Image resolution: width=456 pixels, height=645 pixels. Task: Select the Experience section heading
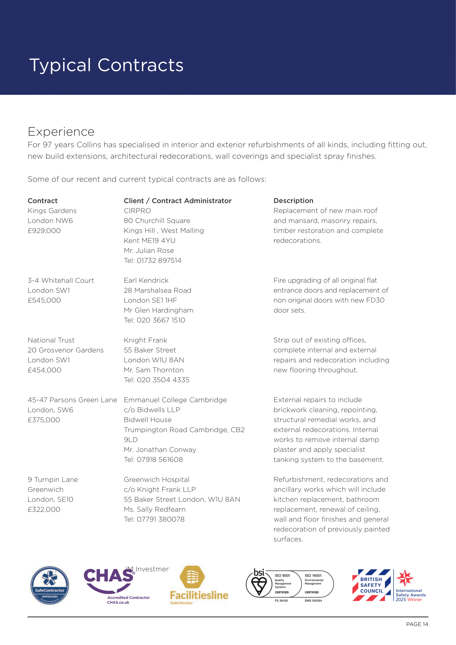coord(61,132)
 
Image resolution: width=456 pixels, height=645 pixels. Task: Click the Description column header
coord(293,200)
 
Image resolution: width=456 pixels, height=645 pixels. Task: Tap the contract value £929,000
coord(44,231)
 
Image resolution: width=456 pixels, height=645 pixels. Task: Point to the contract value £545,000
coord(44,300)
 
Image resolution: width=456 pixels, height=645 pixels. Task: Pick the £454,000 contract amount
coord(44,370)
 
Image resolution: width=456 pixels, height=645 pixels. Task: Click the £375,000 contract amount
coord(44,420)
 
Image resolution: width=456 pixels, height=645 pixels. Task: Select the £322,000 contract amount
coord(44,509)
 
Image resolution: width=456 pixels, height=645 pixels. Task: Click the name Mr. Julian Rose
coord(149,251)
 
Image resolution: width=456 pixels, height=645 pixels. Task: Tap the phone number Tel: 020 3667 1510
coord(154,320)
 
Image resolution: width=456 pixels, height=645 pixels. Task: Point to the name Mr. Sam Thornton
coord(154,370)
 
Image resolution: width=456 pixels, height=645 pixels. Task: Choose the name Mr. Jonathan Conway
coord(160,449)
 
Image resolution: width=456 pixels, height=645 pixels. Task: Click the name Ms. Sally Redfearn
coord(154,509)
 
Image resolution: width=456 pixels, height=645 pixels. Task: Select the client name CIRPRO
coord(137,211)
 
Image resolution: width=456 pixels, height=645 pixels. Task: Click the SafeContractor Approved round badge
coord(50,585)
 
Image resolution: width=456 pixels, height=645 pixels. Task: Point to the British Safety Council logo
coord(371,585)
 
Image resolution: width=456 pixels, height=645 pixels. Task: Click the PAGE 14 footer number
coord(417,624)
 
